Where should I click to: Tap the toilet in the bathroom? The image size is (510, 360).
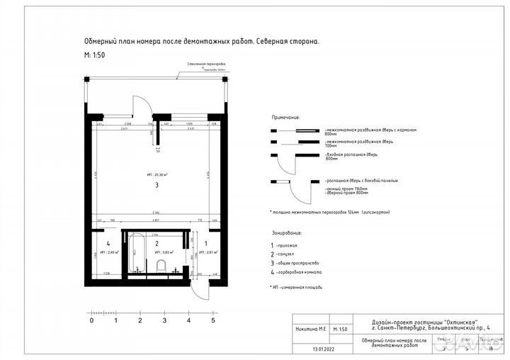click(161, 266)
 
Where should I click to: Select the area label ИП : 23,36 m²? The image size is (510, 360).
click(157, 174)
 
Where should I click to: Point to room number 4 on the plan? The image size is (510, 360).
click(108, 242)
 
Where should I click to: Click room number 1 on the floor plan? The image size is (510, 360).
click(206, 242)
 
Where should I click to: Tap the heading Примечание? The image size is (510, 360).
click(285, 118)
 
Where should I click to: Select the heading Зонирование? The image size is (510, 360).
click(287, 232)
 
